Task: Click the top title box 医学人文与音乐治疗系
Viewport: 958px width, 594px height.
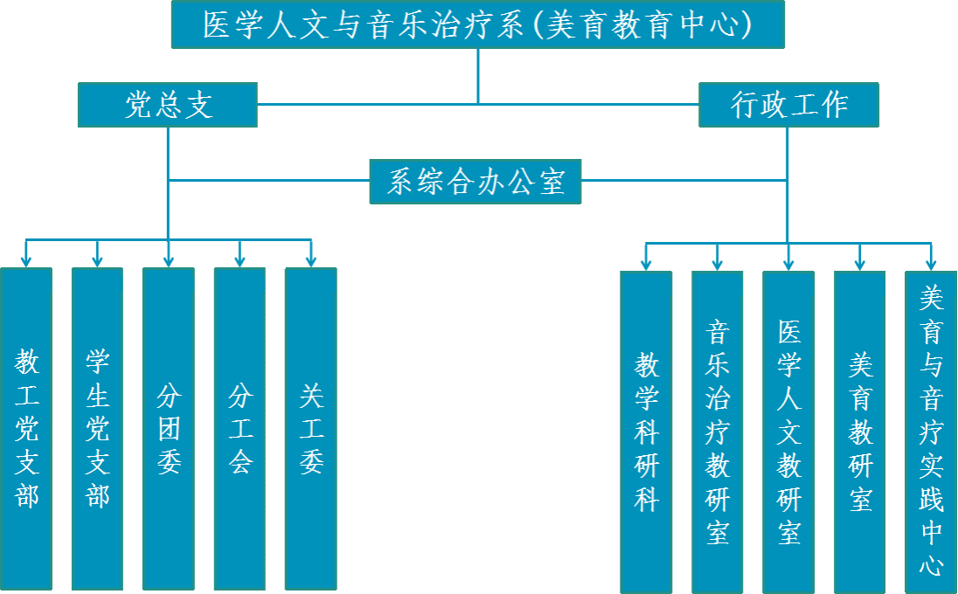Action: coord(478,24)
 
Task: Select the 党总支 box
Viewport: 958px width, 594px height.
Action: coord(167,105)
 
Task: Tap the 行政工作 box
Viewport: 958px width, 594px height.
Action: coord(788,105)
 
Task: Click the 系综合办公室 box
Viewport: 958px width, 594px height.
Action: coord(476,182)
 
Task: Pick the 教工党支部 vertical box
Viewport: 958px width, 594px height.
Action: coord(26,428)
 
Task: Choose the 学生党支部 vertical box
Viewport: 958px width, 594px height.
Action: coord(97,428)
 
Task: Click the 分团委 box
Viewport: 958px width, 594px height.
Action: coord(169,428)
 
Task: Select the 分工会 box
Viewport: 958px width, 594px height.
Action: coord(239,428)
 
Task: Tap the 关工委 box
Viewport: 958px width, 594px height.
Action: coord(310,428)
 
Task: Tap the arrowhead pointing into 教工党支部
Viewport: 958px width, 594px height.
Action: coord(26,260)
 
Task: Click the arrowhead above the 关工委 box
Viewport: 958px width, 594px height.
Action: coord(310,260)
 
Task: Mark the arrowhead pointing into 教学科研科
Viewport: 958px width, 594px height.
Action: coord(646,264)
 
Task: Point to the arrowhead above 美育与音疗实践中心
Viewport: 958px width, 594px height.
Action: coord(931,264)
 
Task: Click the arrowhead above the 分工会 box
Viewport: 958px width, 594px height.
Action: coord(239,260)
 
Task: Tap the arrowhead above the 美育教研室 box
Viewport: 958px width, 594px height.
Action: coord(860,264)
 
